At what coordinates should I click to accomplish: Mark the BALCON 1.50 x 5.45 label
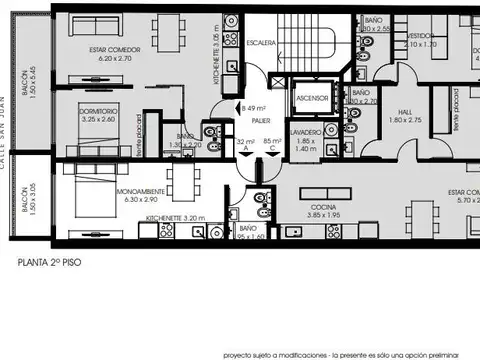[x=28, y=88]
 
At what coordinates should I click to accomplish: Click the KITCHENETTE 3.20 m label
[x=174, y=216]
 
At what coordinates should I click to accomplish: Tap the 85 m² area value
[x=268, y=141]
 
